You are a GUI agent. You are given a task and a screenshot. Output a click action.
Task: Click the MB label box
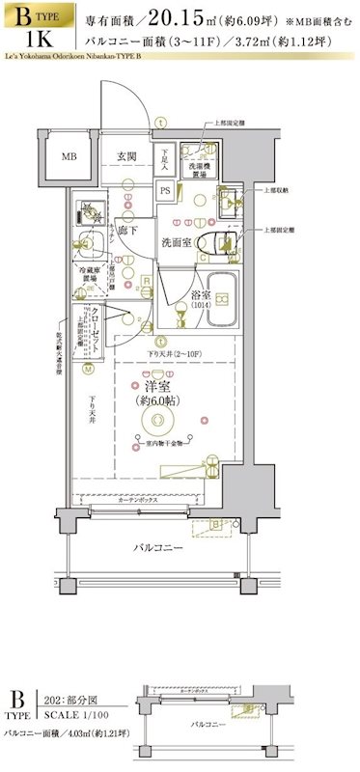(71, 157)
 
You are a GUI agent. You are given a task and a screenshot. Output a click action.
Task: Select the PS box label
(165, 189)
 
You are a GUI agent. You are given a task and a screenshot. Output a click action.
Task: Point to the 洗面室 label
(177, 241)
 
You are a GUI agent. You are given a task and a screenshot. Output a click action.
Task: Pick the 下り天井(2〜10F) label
(174, 356)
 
